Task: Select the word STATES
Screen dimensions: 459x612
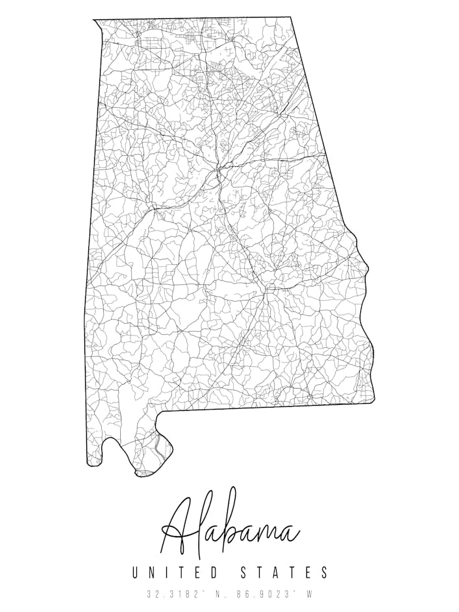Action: tap(284, 572)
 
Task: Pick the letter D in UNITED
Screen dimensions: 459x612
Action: tap(215, 572)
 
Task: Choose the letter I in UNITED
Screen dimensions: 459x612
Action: tap(167, 572)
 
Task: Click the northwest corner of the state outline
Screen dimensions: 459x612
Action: tap(95, 20)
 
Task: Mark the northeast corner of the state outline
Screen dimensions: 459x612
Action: tap(290, 18)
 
